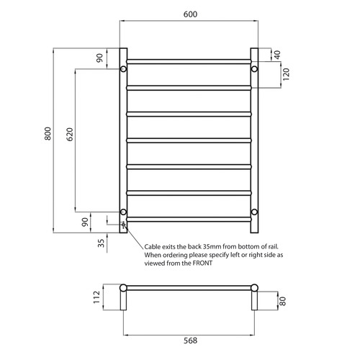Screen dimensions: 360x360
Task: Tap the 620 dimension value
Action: [69, 137]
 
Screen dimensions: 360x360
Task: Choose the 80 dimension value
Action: [283, 302]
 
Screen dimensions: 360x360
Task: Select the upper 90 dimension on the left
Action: [99, 59]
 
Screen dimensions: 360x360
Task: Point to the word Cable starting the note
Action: [154, 246]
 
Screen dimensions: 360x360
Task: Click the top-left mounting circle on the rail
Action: [123, 69]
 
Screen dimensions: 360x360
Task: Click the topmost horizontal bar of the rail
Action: [189, 60]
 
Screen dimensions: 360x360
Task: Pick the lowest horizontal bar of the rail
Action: [189, 218]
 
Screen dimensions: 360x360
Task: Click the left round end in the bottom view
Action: [123, 289]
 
